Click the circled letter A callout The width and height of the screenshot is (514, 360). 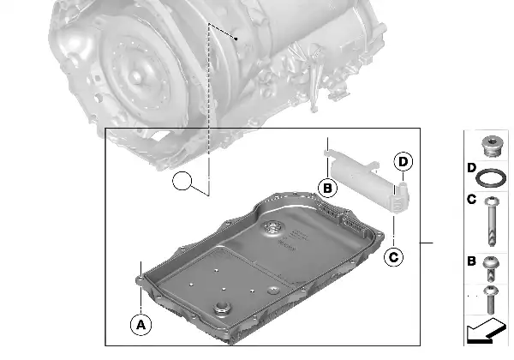point(138,324)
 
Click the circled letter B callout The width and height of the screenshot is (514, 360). point(326,188)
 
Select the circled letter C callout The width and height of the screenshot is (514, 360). point(393,255)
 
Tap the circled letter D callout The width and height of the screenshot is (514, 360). point(403,161)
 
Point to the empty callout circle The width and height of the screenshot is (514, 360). point(182,181)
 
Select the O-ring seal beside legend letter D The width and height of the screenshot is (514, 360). point(491,179)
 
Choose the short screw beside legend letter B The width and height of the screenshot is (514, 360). point(491,267)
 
